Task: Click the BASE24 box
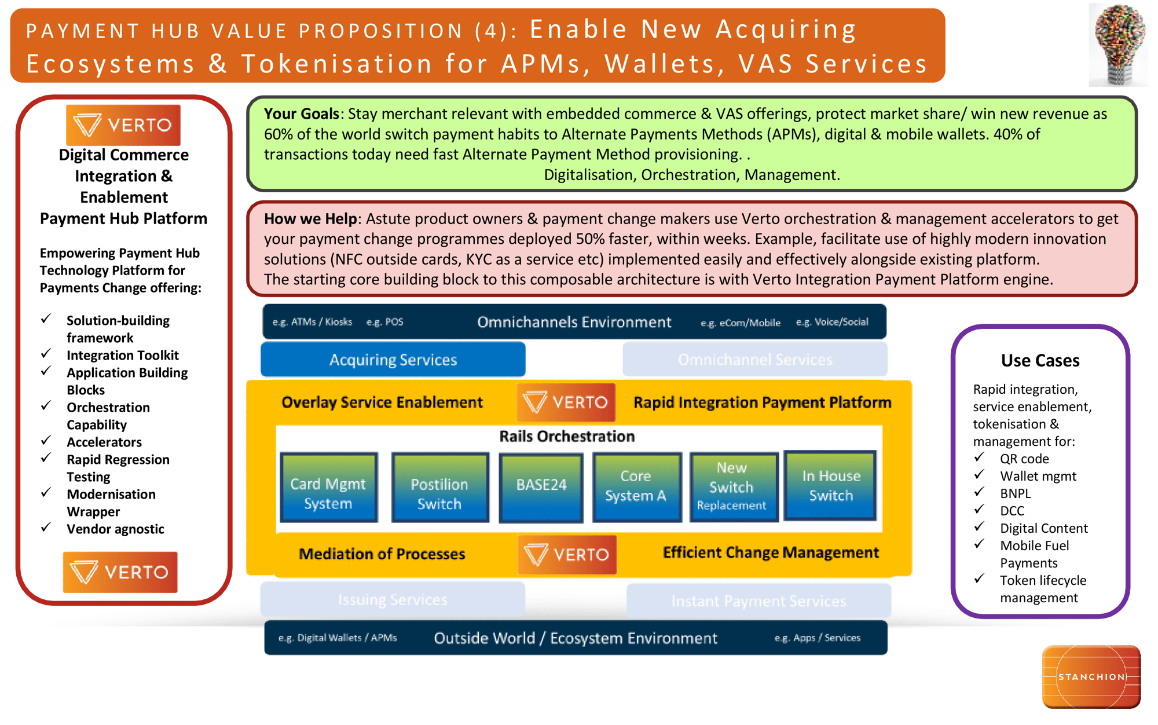coord(541,487)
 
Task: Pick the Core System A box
coord(636,487)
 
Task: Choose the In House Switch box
coord(830,485)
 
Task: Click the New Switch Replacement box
coord(732,487)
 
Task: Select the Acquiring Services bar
coord(393,360)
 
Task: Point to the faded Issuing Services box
coord(393,599)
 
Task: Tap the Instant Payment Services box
coord(758,601)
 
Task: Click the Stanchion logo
coord(1091,676)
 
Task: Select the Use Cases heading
coord(1040,360)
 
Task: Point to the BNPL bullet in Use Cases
coord(1015,493)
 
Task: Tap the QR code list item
coord(1024,459)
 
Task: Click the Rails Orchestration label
coord(567,436)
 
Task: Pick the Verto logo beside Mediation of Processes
coord(567,554)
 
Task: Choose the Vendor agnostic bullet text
coord(115,529)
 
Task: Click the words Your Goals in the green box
coord(301,113)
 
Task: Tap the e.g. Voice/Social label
coord(832,322)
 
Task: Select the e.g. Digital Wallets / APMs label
coord(338,638)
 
